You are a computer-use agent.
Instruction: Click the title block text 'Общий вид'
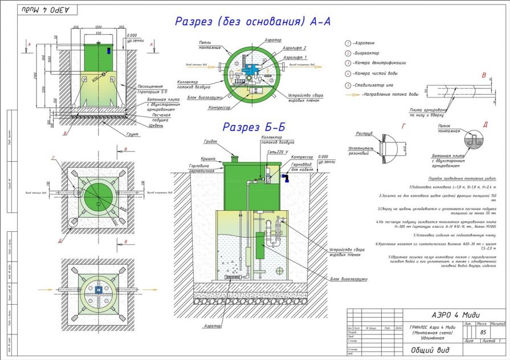426,351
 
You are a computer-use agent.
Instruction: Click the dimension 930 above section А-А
98,34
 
